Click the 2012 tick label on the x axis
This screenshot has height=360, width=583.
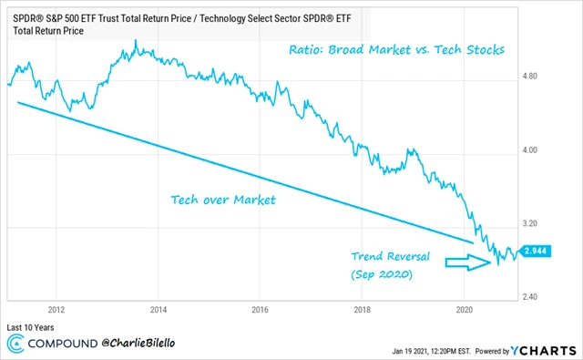coord(56,309)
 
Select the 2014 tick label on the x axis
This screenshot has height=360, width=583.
coord(159,309)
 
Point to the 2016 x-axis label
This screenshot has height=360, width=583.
coord(261,309)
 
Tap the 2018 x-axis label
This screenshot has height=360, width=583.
coord(363,309)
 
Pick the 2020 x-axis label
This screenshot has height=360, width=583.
coord(465,309)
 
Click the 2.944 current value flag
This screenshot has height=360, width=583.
coord(535,250)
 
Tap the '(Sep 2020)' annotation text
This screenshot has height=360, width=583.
coord(383,274)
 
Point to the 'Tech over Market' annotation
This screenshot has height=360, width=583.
coord(222,198)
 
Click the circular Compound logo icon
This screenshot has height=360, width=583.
coord(16,345)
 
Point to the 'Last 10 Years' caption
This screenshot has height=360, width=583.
coord(32,325)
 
